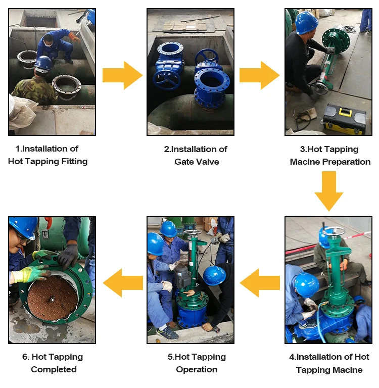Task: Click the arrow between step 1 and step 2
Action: [x=122, y=75]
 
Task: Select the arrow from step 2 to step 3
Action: [x=259, y=75]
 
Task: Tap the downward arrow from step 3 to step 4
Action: [x=329, y=191]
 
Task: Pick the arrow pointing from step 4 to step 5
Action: [x=260, y=283]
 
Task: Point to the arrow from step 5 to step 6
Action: [x=123, y=283]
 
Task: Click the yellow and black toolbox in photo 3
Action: [x=345, y=119]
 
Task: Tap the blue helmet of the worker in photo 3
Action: [x=307, y=22]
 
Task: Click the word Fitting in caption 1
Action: [x=74, y=161]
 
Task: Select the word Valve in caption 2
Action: [x=208, y=162]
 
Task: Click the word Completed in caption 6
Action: [x=54, y=369]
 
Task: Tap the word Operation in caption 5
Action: [x=197, y=370]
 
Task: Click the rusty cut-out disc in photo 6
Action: [x=53, y=298]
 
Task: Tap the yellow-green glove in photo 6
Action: [x=31, y=273]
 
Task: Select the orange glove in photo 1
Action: [x=74, y=36]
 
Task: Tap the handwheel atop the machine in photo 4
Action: [x=334, y=231]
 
